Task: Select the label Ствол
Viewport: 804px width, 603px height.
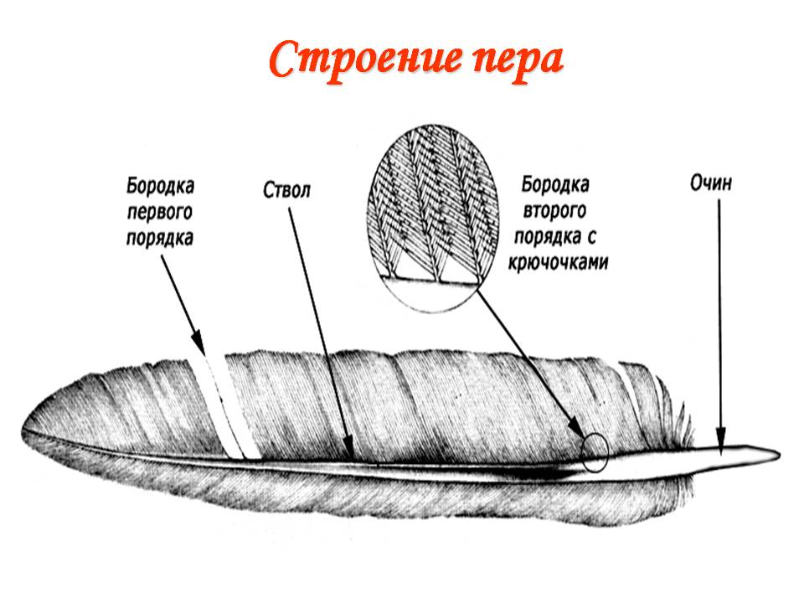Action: click(286, 190)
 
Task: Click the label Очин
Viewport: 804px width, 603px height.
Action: click(711, 183)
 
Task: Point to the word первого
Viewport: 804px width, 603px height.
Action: click(159, 212)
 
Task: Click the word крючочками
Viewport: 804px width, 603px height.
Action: click(558, 262)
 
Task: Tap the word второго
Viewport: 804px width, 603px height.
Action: click(554, 211)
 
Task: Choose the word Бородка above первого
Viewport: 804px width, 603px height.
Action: click(160, 186)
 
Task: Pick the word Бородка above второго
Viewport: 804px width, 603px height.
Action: click(555, 184)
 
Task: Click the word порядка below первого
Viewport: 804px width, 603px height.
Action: click(159, 239)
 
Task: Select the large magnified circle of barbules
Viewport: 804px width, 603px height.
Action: click(433, 218)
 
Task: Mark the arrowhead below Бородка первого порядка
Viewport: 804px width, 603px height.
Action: click(198, 342)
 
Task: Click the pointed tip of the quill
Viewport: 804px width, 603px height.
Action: click(780, 454)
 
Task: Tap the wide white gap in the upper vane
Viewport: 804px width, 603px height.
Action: click(225, 408)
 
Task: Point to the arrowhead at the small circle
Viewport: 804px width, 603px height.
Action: click(577, 428)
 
